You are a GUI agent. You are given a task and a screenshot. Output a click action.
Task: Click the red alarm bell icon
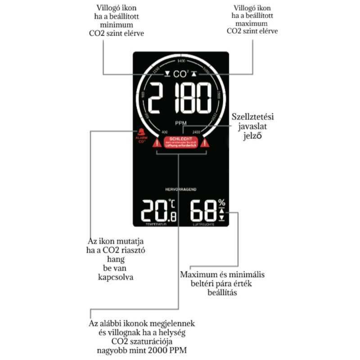click(x=142, y=133)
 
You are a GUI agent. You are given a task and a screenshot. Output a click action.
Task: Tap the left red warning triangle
click(x=156, y=144)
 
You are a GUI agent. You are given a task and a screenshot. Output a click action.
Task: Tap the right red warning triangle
click(x=206, y=144)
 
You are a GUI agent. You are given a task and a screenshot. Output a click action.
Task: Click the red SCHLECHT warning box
click(x=181, y=143)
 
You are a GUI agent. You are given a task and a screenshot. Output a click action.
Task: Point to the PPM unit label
click(x=181, y=123)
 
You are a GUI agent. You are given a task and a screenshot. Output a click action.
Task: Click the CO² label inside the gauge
click(x=181, y=73)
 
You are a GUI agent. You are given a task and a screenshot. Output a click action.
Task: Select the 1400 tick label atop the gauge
click(x=181, y=61)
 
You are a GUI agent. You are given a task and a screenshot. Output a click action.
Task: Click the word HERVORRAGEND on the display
click(x=181, y=189)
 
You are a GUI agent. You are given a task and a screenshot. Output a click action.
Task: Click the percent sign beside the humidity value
click(x=221, y=202)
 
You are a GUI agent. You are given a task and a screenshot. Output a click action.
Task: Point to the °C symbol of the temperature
click(x=171, y=203)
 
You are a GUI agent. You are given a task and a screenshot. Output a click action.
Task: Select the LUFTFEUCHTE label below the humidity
click(x=203, y=224)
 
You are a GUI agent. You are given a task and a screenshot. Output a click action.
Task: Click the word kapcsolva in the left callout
click(x=116, y=277)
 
